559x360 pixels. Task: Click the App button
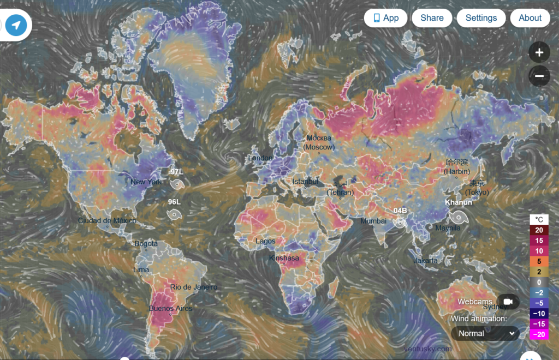coord(386,18)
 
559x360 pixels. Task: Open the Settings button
coord(481,18)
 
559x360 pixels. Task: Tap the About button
coord(530,18)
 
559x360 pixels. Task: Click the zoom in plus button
coord(539,53)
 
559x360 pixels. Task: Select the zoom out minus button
coord(539,76)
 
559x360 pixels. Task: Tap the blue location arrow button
coord(16,25)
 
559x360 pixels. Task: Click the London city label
coord(260,158)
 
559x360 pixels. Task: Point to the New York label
coord(146,182)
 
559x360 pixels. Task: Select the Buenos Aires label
coord(170,309)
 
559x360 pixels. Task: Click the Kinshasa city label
coord(284,258)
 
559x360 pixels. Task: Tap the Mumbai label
coord(373,221)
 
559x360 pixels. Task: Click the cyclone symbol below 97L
coord(177,185)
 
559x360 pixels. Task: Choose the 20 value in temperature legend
coord(539,230)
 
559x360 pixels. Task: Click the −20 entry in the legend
coord(539,334)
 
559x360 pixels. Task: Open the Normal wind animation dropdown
coord(485,333)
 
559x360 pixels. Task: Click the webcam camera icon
coord(508,302)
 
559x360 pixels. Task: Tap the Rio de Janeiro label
coord(193,287)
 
